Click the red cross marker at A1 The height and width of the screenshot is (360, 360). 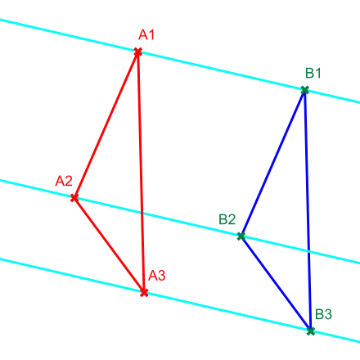tap(138, 52)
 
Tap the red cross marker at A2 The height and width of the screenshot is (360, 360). tap(74, 198)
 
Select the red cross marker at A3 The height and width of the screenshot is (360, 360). tap(144, 293)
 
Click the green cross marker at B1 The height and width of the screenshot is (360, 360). tap(305, 90)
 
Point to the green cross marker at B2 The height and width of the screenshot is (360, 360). tap(241, 236)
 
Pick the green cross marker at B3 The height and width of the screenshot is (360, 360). tap(311, 331)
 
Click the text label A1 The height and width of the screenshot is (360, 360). tap(146, 34)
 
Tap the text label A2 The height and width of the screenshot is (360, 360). tap(64, 181)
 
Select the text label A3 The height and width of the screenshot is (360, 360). tap(157, 276)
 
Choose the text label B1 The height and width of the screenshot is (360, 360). tap(313, 73)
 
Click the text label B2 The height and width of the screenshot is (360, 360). tap(227, 219)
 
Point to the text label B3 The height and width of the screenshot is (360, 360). tap(324, 314)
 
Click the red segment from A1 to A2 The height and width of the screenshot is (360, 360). tap(106, 124)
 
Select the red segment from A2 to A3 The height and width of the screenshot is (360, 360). tap(109, 245)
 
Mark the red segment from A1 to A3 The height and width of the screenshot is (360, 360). tap(141, 172)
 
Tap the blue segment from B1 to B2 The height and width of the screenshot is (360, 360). tap(273, 163)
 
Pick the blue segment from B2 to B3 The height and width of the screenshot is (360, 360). tap(276, 284)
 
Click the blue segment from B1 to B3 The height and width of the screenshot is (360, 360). tap(308, 210)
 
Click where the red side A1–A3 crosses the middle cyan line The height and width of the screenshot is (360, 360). tap(142, 214)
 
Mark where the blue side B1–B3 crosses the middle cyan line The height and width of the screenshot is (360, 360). tap(308, 252)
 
